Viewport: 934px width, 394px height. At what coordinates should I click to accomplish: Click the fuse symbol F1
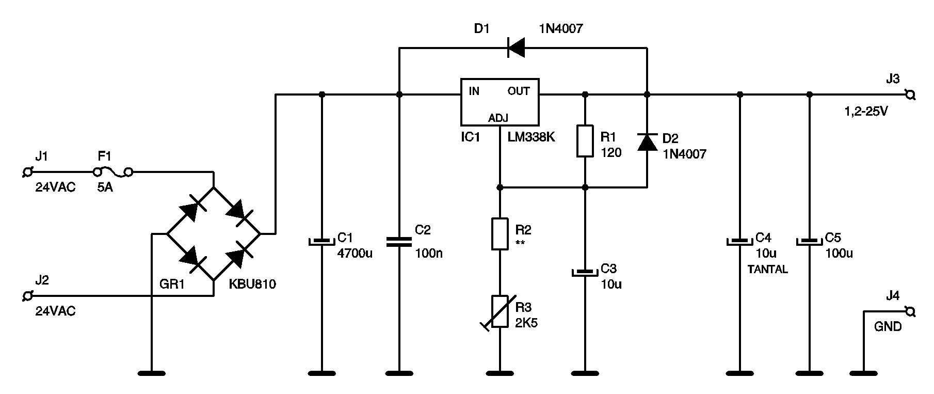click(x=112, y=171)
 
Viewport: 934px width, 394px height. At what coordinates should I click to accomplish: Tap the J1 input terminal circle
click(x=29, y=171)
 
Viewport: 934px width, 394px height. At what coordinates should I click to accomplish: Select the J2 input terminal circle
click(x=29, y=296)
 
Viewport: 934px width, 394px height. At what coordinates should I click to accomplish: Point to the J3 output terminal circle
click(x=910, y=94)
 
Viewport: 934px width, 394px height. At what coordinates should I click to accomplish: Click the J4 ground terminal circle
click(x=910, y=311)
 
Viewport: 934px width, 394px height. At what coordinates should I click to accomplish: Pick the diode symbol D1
click(x=516, y=48)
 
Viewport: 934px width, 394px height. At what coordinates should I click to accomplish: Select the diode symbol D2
click(x=647, y=141)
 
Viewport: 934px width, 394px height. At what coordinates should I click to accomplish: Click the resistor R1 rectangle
click(x=585, y=140)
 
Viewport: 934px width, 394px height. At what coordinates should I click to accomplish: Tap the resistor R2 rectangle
click(x=500, y=234)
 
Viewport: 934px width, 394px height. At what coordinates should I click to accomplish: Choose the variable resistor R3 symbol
click(x=498, y=312)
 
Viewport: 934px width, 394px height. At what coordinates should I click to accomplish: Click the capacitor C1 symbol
click(x=321, y=242)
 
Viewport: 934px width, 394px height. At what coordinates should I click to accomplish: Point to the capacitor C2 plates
click(x=399, y=242)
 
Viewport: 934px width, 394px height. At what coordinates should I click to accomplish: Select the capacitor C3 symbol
click(x=585, y=272)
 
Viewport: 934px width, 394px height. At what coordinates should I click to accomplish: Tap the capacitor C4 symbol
click(x=739, y=242)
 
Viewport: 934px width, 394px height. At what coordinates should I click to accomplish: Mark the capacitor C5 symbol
click(x=809, y=242)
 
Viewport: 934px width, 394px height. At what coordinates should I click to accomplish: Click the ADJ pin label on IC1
click(x=498, y=118)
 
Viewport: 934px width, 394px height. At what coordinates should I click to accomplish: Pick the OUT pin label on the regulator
click(x=519, y=91)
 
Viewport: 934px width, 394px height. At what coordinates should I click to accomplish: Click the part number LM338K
click(x=531, y=137)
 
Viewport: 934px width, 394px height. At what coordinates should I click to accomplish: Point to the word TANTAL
click(x=768, y=270)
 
